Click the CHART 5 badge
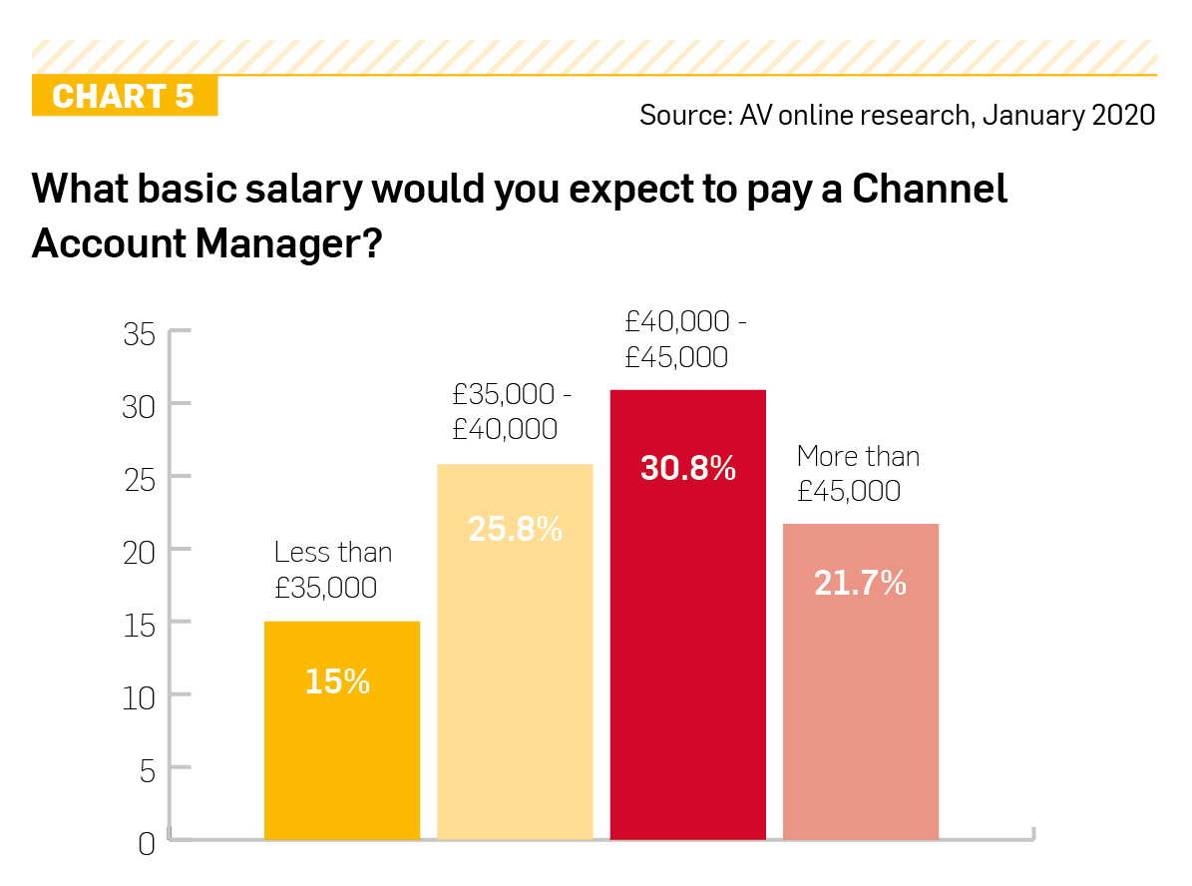(124, 97)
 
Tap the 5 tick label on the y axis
(147, 769)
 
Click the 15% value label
(337, 682)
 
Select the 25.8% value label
(515, 529)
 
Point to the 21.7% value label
(860, 583)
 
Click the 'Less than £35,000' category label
(332, 570)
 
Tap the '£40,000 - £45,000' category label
(686, 339)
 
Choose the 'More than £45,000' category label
(858, 474)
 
